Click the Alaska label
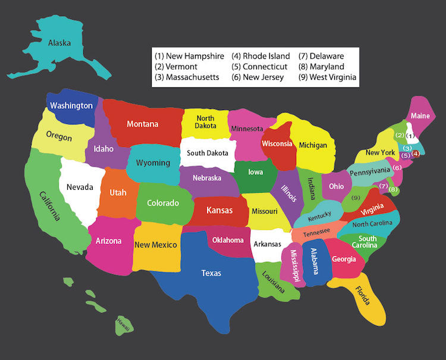pos(59,42)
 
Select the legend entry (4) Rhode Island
pos(260,56)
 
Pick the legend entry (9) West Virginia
pos(328,77)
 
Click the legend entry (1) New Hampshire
pos(189,56)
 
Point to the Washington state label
pos(71,106)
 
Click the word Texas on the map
pos(211,273)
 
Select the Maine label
pos(420,115)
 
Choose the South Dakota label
pos(208,153)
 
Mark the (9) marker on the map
pos(356,198)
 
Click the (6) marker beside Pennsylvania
pos(397,168)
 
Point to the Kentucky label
pos(320,217)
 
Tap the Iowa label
pos(256,173)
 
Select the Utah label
pos(118,193)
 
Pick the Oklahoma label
pos(228,240)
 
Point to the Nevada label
pos(80,187)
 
